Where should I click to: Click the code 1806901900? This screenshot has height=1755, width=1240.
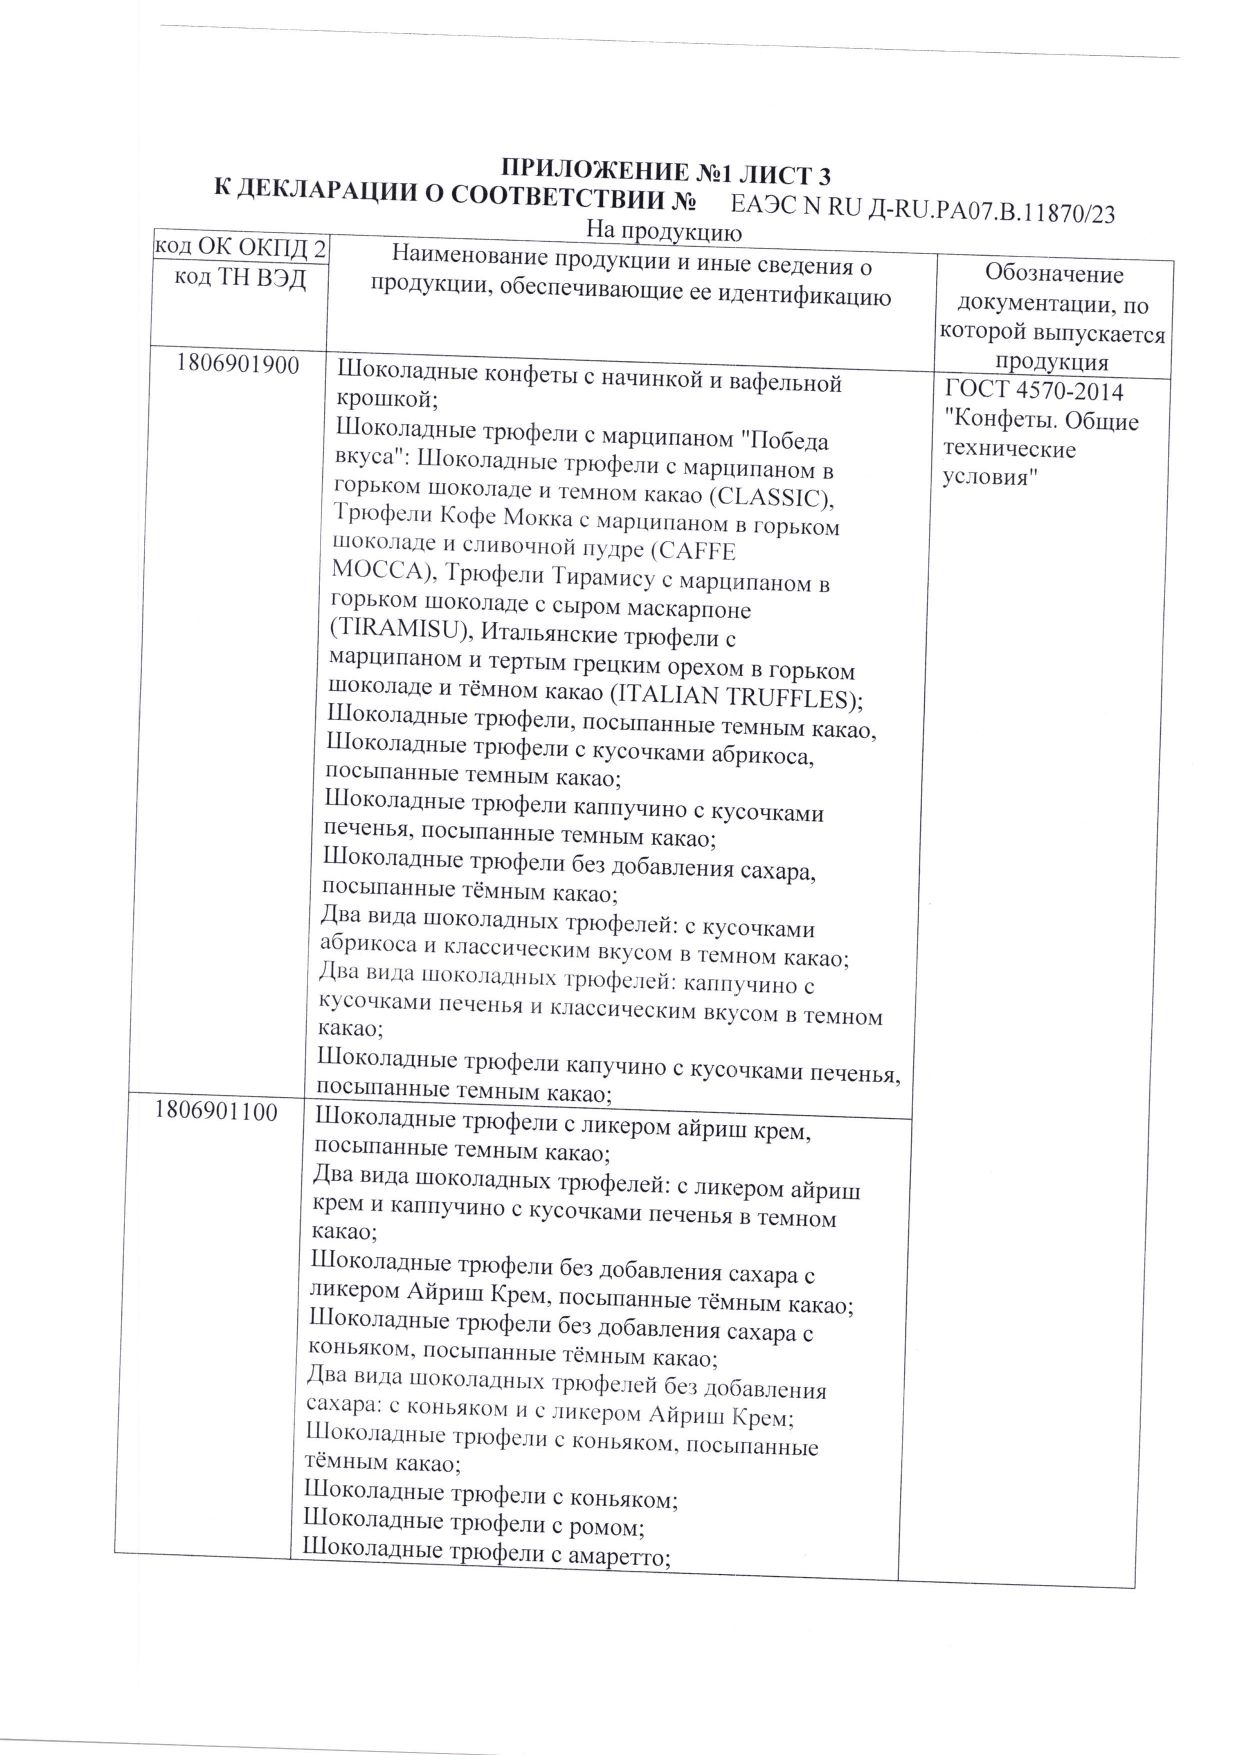coord(237,366)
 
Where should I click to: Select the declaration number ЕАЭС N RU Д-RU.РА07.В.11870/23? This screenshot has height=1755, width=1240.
coord(923,211)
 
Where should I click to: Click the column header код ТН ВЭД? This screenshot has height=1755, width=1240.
coord(240,279)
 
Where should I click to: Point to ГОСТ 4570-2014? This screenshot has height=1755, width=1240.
coord(1033,392)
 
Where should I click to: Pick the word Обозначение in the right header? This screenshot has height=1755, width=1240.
coord(1054,274)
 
